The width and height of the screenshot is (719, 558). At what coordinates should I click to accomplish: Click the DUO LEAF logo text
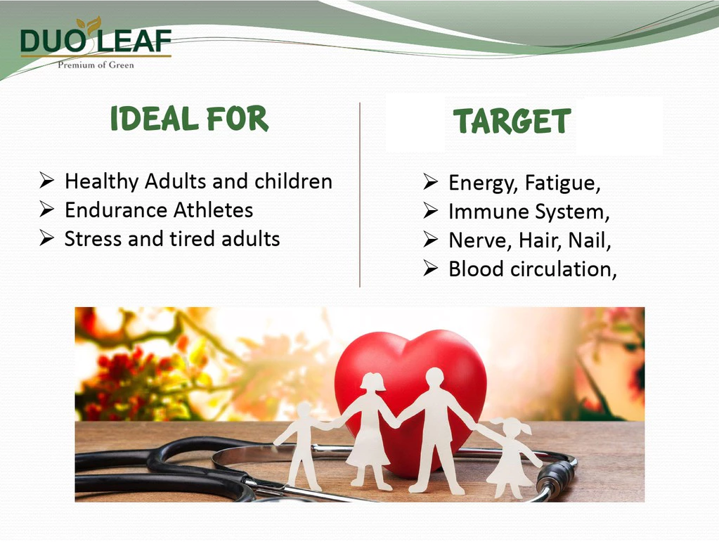(96, 40)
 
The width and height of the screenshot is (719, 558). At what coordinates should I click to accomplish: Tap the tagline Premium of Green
(96, 65)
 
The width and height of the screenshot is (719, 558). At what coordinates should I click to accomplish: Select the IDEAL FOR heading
(189, 119)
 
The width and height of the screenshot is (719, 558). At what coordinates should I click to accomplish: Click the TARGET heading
(512, 122)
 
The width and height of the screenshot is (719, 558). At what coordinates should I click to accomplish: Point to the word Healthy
(101, 182)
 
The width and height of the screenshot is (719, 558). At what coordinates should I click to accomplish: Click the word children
(294, 181)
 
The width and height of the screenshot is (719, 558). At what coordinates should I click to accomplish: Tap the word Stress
(93, 239)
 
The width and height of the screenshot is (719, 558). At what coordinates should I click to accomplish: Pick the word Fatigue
(563, 183)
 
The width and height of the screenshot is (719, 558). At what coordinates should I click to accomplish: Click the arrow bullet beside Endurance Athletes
(47, 209)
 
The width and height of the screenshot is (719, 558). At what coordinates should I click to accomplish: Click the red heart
(410, 390)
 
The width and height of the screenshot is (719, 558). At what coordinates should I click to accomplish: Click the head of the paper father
(434, 377)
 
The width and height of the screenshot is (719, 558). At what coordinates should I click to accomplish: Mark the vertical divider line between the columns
(360, 195)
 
